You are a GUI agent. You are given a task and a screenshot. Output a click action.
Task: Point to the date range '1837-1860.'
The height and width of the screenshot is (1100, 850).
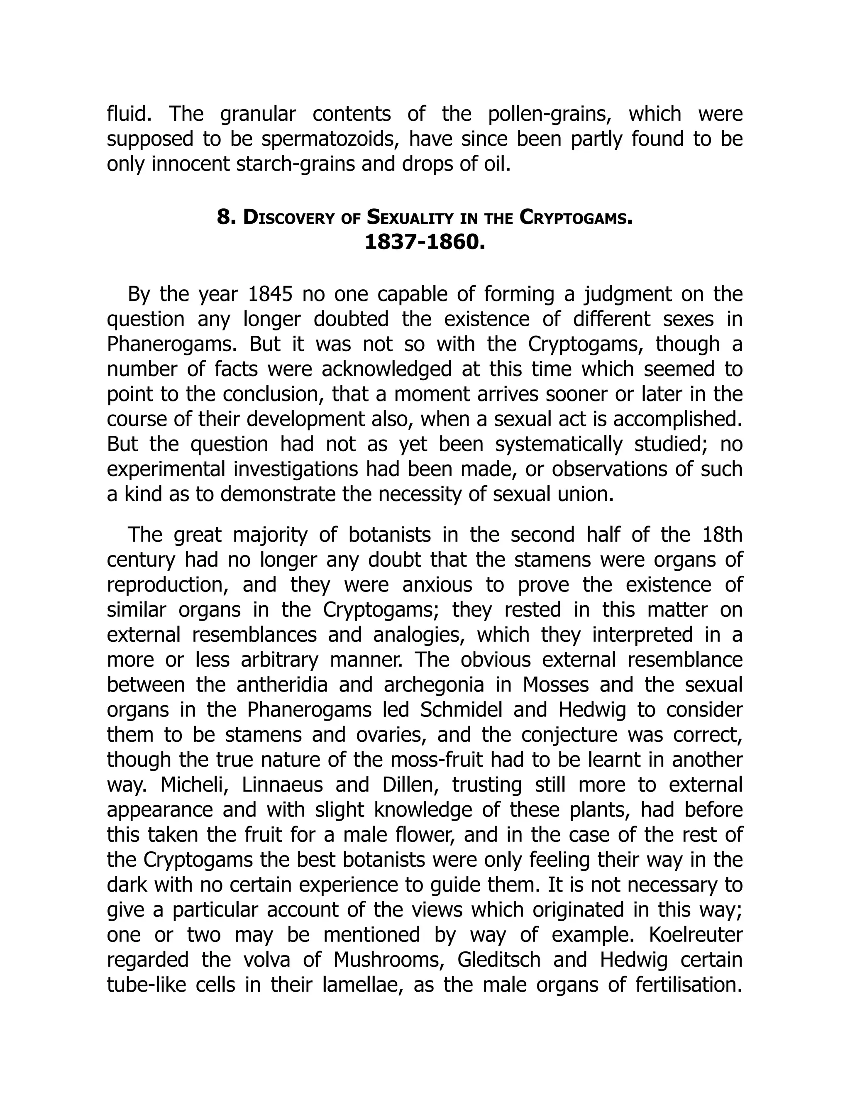pos(425,242)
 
